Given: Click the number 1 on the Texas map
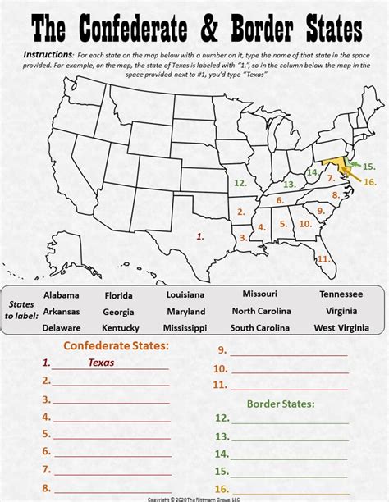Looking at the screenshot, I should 200,235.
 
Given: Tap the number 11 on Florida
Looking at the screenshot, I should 323,258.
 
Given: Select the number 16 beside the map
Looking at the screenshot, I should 369,181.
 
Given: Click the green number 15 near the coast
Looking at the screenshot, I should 368,167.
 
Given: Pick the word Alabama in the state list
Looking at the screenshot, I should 62,295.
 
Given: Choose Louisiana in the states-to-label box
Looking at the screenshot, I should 185,294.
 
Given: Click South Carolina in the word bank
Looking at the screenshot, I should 259,328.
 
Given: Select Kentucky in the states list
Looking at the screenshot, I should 119,328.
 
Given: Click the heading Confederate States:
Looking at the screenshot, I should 116,346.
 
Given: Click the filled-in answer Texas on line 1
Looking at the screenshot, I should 102,362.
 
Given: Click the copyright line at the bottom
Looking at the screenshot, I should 194,499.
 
